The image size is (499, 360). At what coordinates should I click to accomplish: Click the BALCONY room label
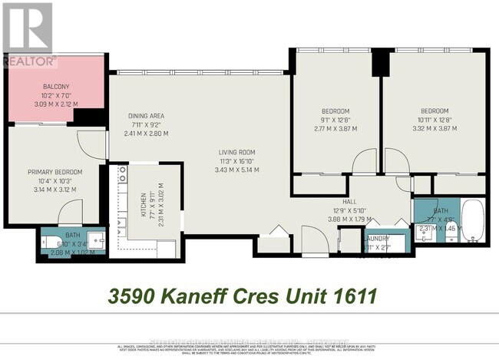point(37,87)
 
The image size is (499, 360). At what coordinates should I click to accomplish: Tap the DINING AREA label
point(146,116)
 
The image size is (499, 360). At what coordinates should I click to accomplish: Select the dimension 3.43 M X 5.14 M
point(234,170)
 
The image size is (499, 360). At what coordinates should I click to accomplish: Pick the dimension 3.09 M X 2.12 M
point(37,104)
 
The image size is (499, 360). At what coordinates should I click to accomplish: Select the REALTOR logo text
point(29,59)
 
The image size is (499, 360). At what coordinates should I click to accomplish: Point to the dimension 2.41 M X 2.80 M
point(146,133)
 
